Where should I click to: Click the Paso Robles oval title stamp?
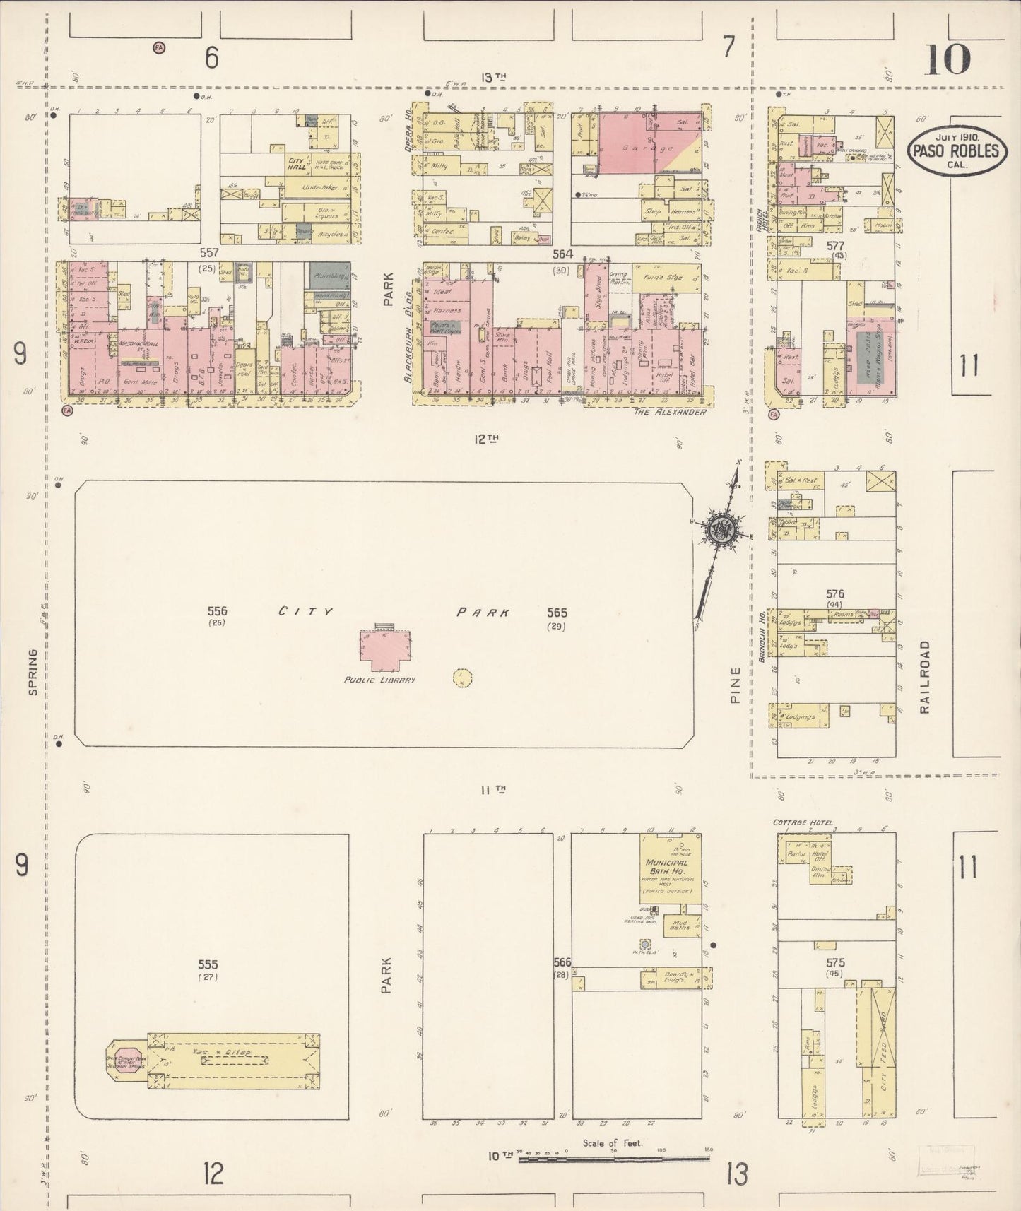point(957,150)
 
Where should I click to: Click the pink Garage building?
point(636,145)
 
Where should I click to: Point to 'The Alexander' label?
point(669,412)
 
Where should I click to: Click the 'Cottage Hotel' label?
point(803,823)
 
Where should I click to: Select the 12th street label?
point(487,439)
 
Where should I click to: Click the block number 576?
point(834,594)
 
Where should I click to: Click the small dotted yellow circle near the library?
point(461,678)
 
